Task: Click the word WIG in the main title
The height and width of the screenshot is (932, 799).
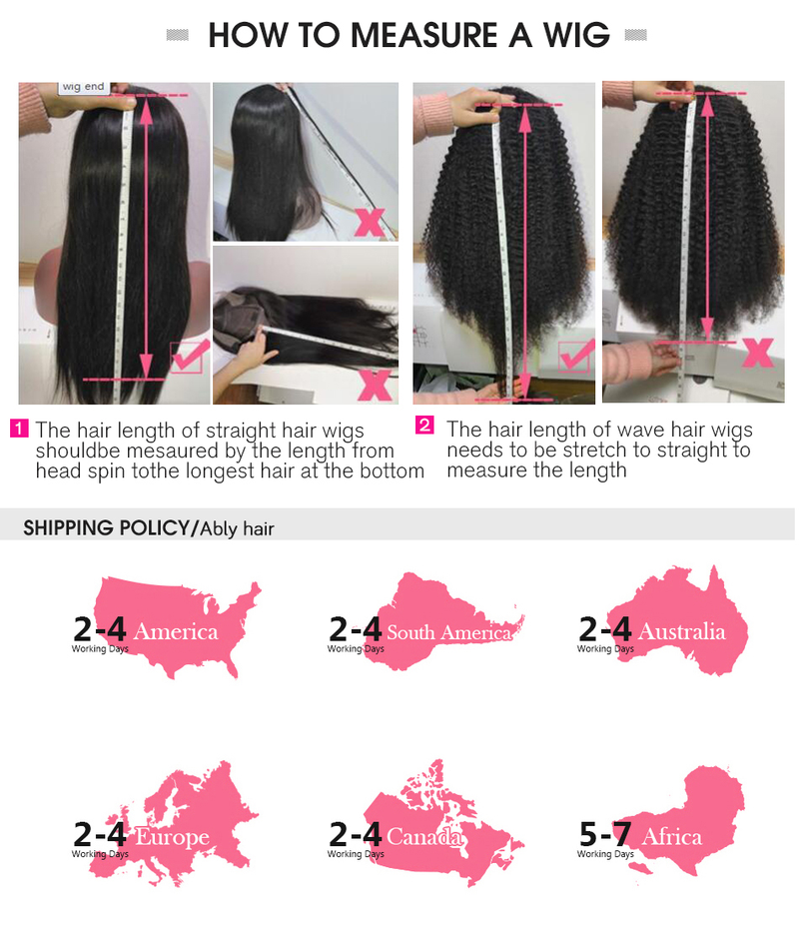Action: coord(576,35)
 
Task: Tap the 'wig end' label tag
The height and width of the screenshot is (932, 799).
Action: coord(83,87)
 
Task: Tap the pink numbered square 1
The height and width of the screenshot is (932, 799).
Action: coord(19,428)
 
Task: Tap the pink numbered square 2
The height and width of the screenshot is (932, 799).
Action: coord(424,425)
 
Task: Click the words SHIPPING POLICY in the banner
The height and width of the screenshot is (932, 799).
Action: coord(106,527)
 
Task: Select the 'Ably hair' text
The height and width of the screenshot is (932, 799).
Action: coord(237,528)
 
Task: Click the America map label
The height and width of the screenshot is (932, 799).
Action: coord(176,631)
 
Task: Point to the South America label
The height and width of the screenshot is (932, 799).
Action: coord(448,632)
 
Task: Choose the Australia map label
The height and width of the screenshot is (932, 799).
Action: coord(681,631)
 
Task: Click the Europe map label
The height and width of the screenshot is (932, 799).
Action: coord(173,837)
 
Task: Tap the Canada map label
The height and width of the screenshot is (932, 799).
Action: coord(423,837)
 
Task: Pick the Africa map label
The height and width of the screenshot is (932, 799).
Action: coord(672,837)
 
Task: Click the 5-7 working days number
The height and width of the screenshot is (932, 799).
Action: coord(605,834)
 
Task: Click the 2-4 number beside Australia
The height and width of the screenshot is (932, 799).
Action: coord(604,629)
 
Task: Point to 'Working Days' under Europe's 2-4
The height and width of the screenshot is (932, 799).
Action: coord(100,854)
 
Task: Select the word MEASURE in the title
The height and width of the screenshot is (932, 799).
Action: coord(423,35)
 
